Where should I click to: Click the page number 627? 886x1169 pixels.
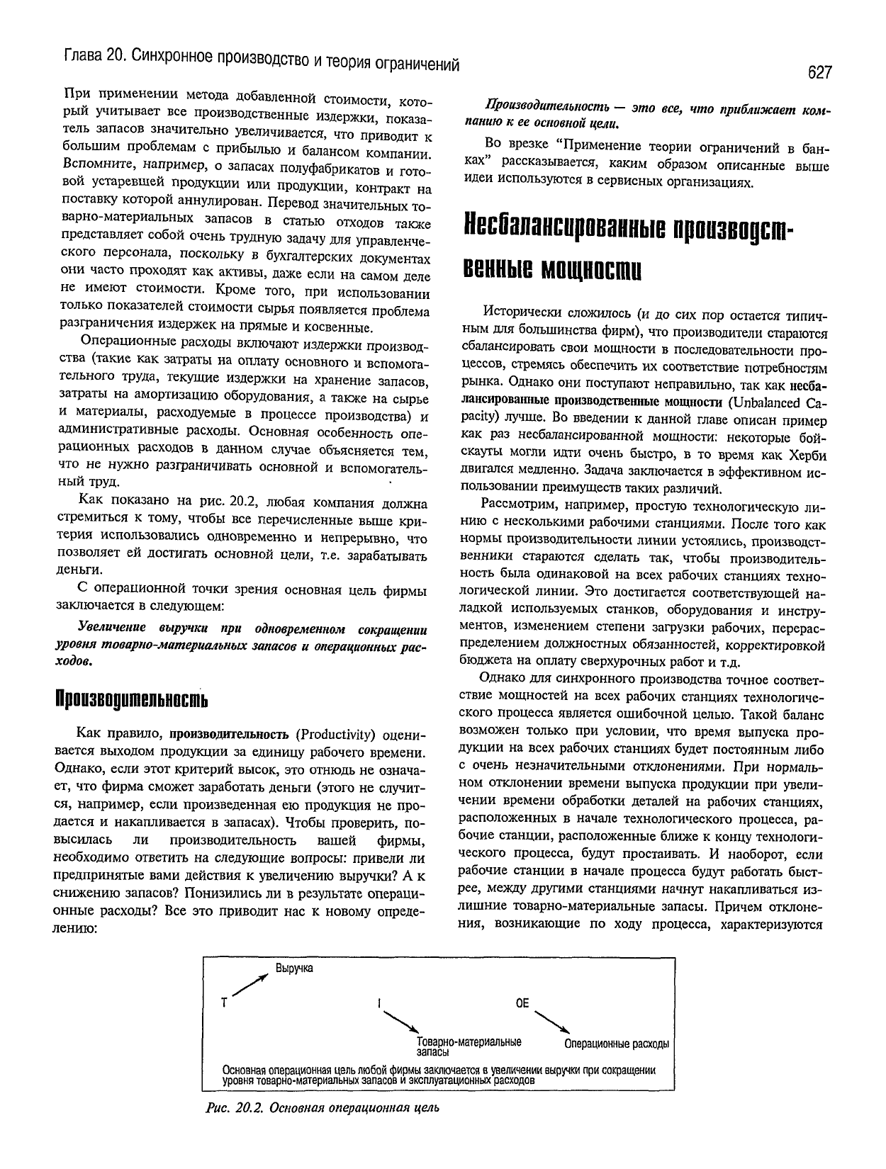(817, 72)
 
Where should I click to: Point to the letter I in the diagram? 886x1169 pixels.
(380, 1003)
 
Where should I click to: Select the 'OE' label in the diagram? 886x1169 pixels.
(522, 1003)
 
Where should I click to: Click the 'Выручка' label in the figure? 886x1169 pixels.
(294, 968)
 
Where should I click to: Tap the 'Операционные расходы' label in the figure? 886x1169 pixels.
(617, 1044)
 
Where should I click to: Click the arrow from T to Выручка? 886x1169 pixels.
(249, 986)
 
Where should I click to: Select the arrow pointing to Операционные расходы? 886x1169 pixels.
(552, 1021)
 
